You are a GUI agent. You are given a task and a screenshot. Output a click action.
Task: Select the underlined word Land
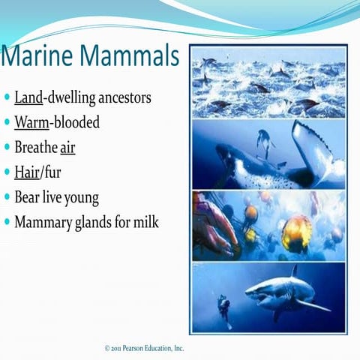click(x=26, y=97)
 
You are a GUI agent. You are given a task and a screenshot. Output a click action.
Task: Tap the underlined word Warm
click(x=31, y=122)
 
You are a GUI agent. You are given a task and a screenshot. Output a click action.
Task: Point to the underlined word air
click(x=67, y=148)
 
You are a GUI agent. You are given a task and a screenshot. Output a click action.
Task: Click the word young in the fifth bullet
click(x=81, y=198)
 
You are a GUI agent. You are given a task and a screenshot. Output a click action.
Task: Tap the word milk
click(x=146, y=223)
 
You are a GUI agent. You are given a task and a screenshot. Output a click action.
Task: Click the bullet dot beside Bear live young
click(x=7, y=198)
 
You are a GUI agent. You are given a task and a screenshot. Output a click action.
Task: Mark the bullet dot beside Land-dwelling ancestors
click(x=7, y=97)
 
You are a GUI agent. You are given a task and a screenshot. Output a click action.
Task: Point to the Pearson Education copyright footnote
click(x=144, y=348)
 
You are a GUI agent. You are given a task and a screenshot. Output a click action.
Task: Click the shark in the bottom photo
click(x=288, y=292)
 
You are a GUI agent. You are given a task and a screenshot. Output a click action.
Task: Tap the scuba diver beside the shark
click(x=223, y=307)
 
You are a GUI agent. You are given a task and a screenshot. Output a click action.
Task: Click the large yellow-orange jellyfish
click(x=297, y=232)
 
